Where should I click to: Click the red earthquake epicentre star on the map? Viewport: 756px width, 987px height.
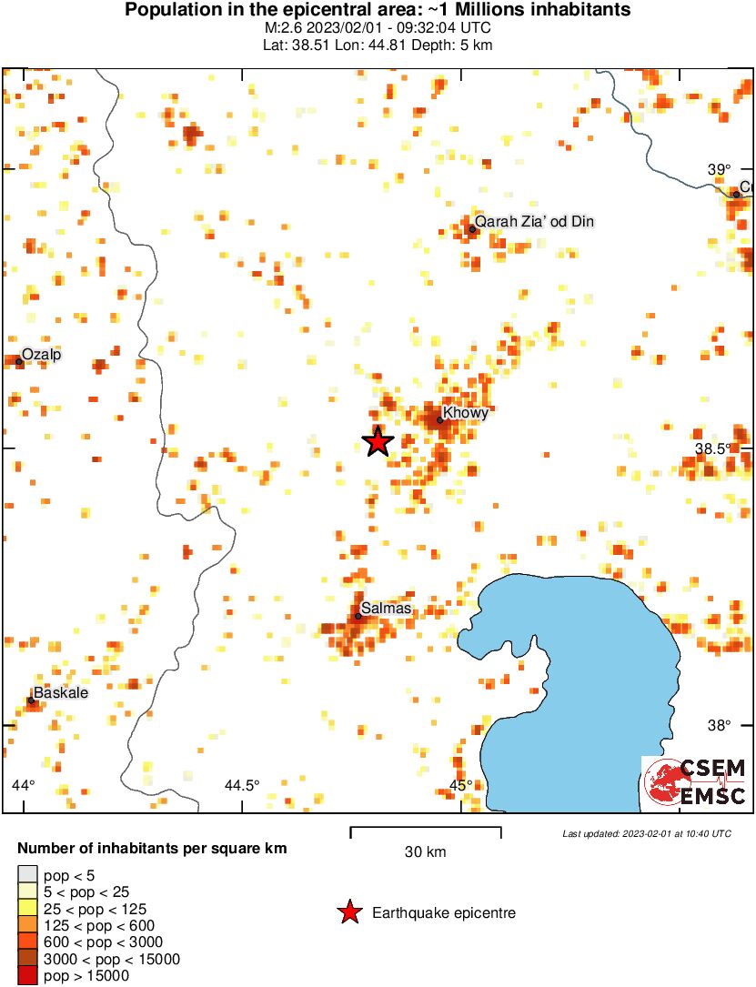point(378,441)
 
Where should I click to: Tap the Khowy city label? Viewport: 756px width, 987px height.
point(466,413)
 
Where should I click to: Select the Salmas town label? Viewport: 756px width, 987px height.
point(386,608)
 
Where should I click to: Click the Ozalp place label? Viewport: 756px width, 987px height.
point(41,354)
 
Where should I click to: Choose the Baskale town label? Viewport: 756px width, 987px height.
point(62,692)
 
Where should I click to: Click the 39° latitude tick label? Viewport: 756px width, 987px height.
point(719,169)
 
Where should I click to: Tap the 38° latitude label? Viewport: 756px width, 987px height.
point(719,725)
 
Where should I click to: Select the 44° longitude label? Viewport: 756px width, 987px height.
point(24,785)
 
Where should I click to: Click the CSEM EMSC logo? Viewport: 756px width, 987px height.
point(695,783)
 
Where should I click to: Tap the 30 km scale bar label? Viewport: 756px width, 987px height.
point(426,852)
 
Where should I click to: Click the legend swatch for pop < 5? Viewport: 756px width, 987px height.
point(28,875)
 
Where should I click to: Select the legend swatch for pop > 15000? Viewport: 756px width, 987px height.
point(28,976)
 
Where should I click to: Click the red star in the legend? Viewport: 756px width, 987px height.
point(348,912)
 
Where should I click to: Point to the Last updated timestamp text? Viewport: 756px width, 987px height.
point(646,833)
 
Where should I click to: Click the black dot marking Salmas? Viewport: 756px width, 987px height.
point(358,616)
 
